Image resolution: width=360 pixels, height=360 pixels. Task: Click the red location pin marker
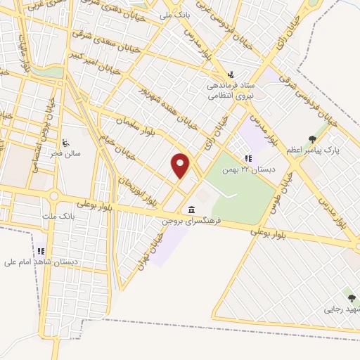[181, 165]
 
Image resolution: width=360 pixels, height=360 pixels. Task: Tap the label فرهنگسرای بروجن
[191, 221]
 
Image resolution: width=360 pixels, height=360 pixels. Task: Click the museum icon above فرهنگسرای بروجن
[192, 210]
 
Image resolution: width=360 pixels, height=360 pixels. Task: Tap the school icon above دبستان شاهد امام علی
[41, 251]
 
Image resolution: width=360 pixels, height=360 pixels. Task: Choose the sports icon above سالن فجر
[65, 141]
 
